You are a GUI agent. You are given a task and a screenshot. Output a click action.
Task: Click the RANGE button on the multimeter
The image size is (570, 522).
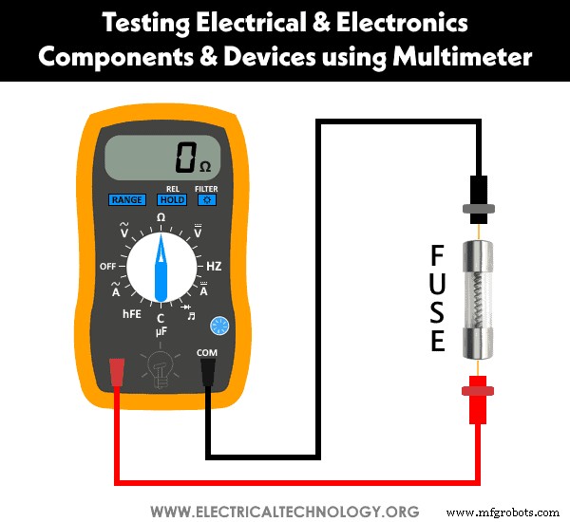[126, 200]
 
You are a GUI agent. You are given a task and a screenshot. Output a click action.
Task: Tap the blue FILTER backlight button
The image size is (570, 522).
[206, 200]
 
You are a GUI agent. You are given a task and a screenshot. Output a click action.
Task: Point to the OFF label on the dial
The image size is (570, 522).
[108, 267]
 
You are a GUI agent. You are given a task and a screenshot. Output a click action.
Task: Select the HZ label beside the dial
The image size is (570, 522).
[214, 267]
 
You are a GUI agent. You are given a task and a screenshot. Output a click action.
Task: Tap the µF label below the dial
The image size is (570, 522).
[161, 331]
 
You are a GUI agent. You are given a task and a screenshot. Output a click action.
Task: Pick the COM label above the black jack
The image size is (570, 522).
[206, 353]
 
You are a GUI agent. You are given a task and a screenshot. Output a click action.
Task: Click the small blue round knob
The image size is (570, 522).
[219, 326]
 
